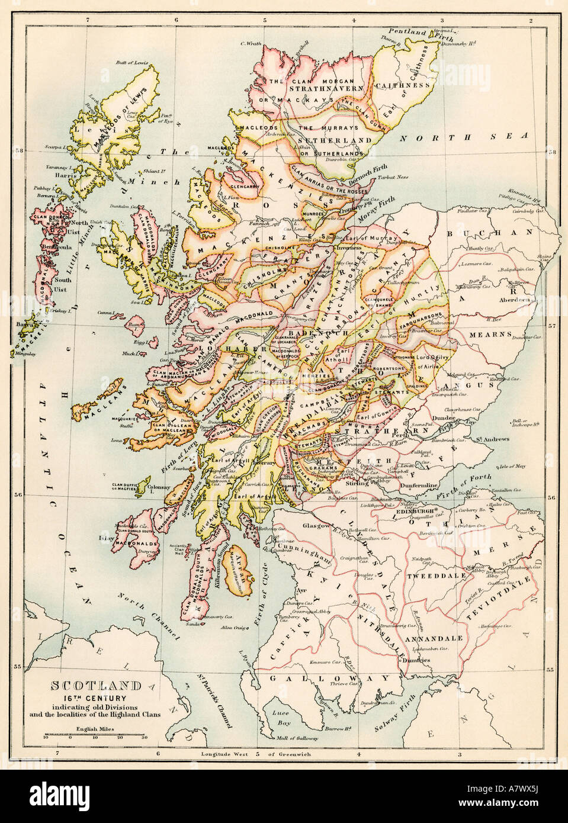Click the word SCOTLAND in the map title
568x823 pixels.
95,686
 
